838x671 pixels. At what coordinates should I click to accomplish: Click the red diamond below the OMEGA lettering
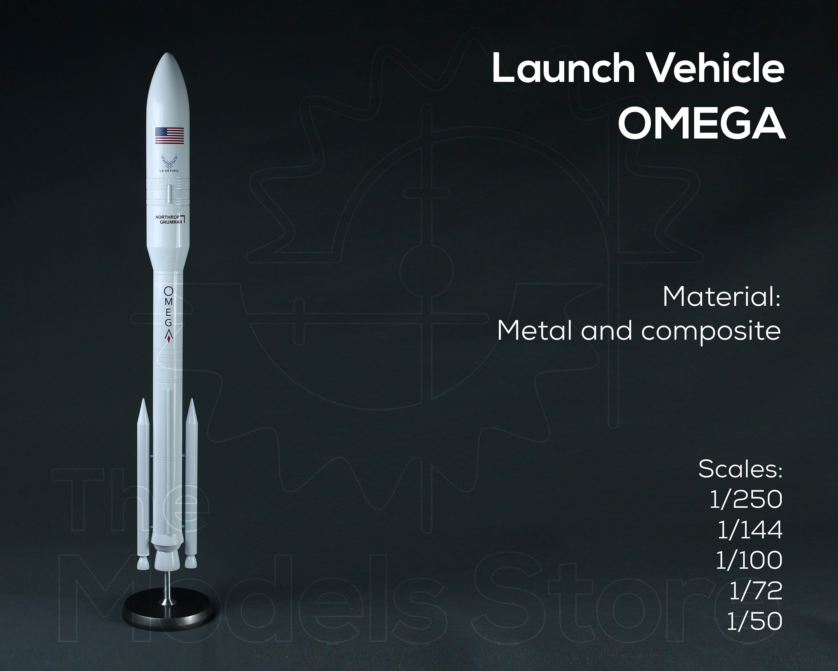[169, 341]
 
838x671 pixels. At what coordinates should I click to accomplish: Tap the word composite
[711, 331]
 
